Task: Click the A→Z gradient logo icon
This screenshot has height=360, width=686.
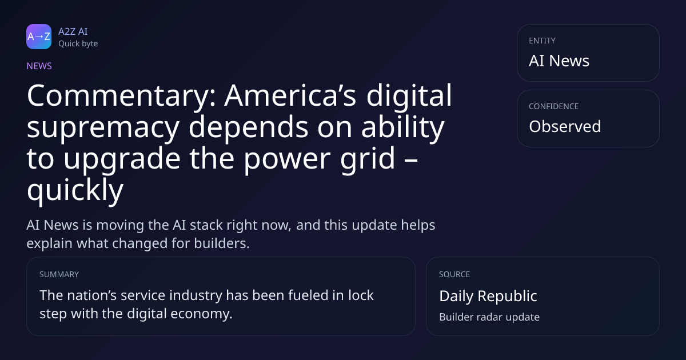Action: [x=39, y=37]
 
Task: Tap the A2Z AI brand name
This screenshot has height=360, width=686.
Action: [x=73, y=31]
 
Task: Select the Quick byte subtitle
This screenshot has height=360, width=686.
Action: [x=78, y=44]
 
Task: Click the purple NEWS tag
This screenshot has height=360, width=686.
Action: [x=39, y=66]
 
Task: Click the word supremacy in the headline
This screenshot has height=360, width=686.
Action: [x=103, y=129]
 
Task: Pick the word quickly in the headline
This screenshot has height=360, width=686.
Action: [x=75, y=190]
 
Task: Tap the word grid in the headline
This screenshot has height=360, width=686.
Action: [x=368, y=159]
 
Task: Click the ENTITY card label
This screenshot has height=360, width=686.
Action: [x=542, y=41]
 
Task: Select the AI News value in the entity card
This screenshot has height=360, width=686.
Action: [x=559, y=61]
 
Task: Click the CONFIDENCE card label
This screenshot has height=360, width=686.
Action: [x=554, y=106]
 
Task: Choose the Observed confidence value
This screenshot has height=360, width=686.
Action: [x=565, y=126]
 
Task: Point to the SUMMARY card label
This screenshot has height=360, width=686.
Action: [x=59, y=274]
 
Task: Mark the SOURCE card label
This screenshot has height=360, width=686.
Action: [x=454, y=274]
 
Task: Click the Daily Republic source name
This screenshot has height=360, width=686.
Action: [x=488, y=297]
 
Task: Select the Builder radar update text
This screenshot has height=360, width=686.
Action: [x=489, y=317]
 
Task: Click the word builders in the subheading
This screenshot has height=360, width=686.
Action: [x=222, y=243]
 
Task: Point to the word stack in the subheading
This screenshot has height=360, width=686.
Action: [x=206, y=225]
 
